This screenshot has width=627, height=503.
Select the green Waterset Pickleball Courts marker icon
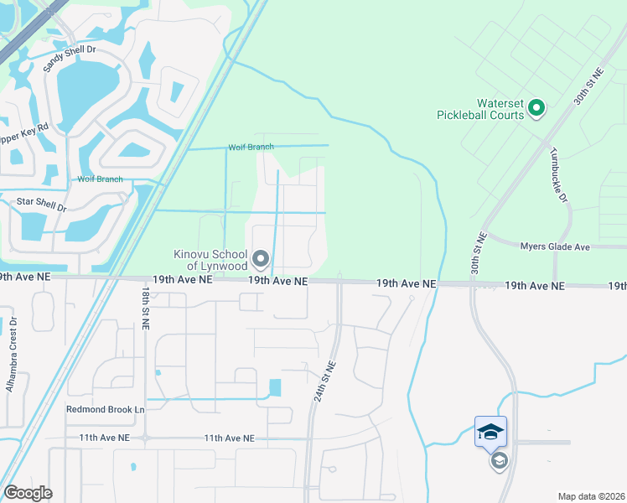pyautogui.click(x=536, y=107)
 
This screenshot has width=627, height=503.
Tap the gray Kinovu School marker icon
pyautogui.click(x=261, y=259)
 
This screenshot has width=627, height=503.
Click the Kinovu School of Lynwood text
pyautogui.click(x=209, y=260)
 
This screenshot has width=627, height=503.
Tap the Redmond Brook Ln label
pyautogui.click(x=105, y=410)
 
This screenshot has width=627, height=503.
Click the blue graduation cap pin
pyautogui.click(x=490, y=433)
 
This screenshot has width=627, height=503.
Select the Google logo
pyautogui.click(x=28, y=493)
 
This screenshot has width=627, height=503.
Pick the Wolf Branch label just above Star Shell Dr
pyautogui.click(x=100, y=179)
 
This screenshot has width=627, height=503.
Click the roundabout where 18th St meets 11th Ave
pyautogui.click(x=145, y=438)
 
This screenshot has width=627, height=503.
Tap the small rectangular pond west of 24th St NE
pyautogui.click(x=276, y=388)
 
